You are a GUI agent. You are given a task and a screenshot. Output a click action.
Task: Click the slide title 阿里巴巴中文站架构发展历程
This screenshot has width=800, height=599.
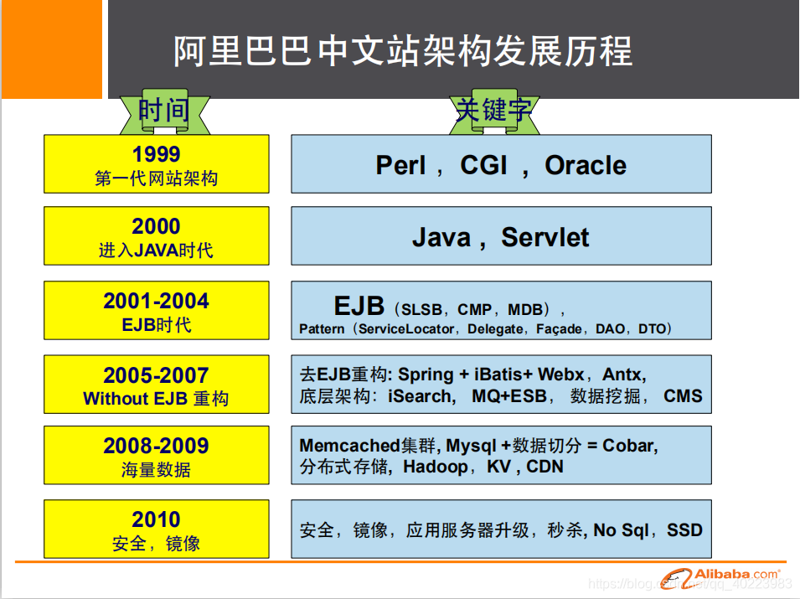coord(403,51)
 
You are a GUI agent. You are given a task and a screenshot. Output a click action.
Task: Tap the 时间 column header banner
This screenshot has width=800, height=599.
coord(163,111)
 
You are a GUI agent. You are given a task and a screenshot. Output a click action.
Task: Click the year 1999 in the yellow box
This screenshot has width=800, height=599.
coord(156,154)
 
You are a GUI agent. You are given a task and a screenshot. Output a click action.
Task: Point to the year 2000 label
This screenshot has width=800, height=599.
coord(156,226)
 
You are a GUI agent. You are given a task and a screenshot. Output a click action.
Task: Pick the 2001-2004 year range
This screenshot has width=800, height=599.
coord(156,301)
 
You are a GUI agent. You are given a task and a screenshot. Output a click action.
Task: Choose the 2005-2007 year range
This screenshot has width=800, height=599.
coord(156,374)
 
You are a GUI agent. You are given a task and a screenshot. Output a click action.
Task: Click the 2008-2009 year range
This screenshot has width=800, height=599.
coord(156,446)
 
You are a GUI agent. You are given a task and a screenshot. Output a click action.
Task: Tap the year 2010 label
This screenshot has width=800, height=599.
coord(156,519)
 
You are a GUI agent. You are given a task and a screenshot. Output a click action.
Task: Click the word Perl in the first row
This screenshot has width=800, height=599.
coord(400,165)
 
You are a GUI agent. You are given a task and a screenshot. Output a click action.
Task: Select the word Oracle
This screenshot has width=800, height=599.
coord(586,165)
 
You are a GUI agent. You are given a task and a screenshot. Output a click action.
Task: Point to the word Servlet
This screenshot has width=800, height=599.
coord(545,237)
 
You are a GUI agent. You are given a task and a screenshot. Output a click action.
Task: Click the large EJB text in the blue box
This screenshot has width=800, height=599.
coord(359,306)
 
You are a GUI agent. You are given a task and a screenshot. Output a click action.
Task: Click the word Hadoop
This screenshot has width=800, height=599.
coord(435,467)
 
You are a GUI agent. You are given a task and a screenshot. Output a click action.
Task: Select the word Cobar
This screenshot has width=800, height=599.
coord(629,446)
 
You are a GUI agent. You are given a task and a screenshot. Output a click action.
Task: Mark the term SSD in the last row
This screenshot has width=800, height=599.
coord(684,529)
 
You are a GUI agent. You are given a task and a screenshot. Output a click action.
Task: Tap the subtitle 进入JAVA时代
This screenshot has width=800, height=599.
coord(156,250)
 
